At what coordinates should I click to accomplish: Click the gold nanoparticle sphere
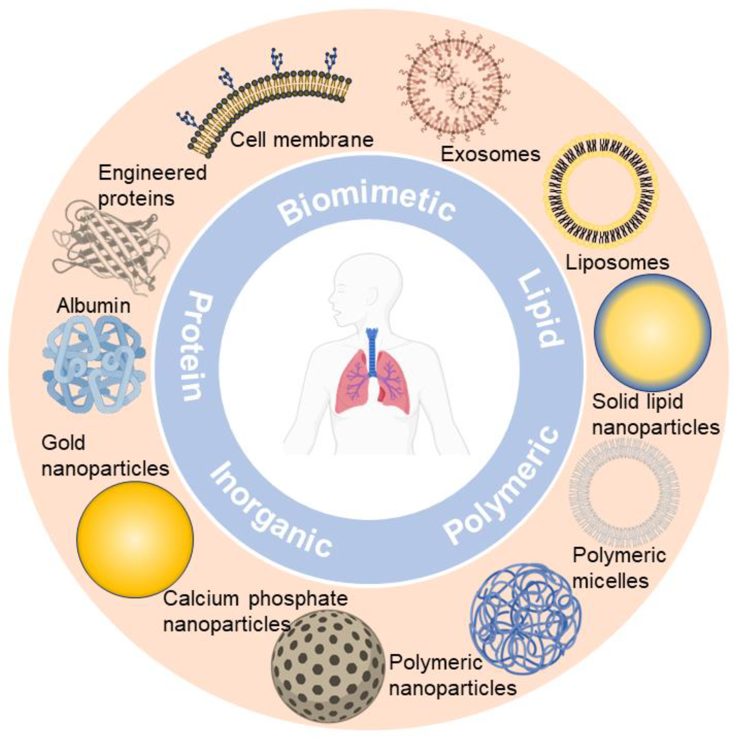tap(135, 539)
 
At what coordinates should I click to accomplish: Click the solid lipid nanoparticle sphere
tap(652, 332)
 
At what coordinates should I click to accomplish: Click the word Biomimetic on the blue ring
tap(367, 202)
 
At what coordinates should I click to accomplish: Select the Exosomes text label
tap(490, 154)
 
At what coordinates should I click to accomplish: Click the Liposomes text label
tap(617, 263)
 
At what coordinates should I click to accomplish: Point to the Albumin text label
tap(93, 306)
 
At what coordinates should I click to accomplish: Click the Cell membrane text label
tap(302, 140)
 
